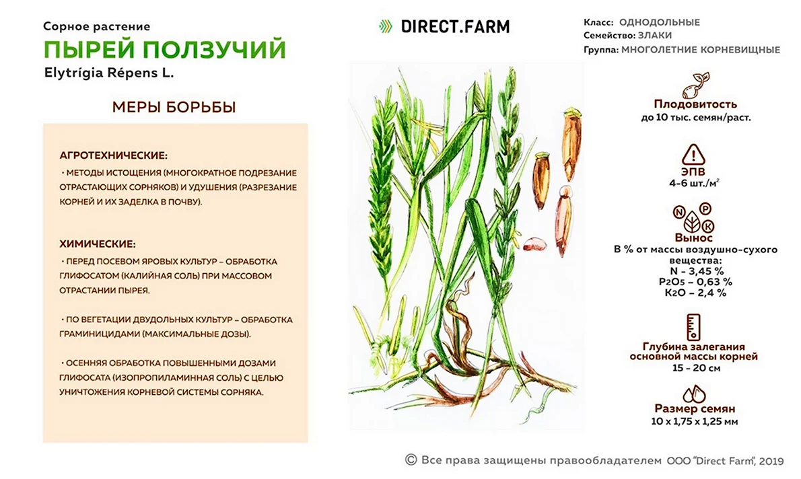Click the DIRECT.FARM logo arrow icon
[x=386, y=26]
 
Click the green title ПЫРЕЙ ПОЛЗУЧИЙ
[x=164, y=50]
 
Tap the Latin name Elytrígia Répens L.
[x=109, y=73]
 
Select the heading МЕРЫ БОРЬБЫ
[x=174, y=107]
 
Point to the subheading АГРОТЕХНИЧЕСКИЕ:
[x=113, y=155]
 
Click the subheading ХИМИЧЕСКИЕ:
[x=98, y=244]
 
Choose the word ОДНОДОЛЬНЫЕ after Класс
[x=660, y=22]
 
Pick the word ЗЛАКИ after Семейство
[x=655, y=36]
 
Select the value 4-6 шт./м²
[x=694, y=183]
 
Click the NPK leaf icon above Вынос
[x=693, y=218]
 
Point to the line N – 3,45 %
[x=697, y=271]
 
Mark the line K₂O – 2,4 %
[x=695, y=293]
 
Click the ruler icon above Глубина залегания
[x=693, y=327]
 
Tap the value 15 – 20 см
[x=696, y=368]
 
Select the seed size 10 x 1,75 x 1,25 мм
[x=694, y=422]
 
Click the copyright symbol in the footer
[x=411, y=459]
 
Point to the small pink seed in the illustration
[x=534, y=244]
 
